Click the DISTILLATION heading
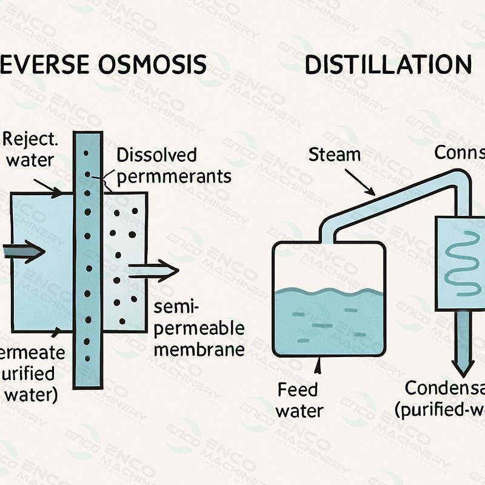point(388,64)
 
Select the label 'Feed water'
point(299,400)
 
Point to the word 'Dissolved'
point(156,155)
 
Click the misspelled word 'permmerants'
point(174,176)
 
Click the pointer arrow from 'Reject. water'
point(47,186)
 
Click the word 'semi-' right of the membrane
point(176,307)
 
